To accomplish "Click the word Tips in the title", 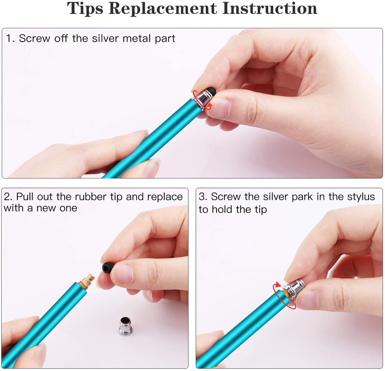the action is pos(85,9).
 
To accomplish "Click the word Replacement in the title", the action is pos(163,9).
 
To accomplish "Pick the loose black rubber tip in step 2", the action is pos(108,268).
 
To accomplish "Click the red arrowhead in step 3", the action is pos(278,285).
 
